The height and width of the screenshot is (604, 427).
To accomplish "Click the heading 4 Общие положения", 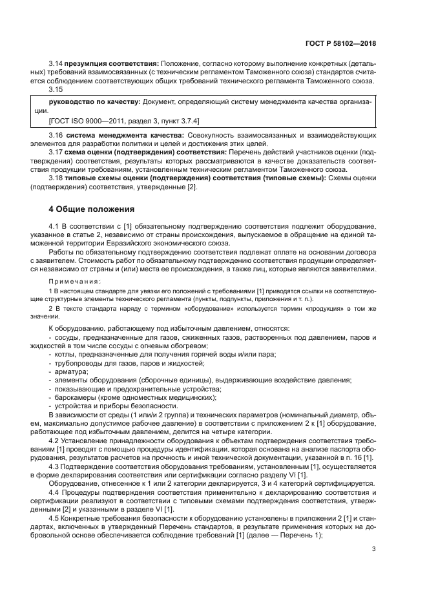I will [92, 209].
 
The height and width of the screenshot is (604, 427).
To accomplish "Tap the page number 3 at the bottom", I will [373, 550].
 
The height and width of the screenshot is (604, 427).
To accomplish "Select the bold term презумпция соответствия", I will [110, 64].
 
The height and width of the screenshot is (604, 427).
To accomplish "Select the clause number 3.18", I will [56, 177].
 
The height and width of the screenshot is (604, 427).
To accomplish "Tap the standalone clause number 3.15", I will [56, 90].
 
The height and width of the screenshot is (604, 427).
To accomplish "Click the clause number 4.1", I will [56, 225].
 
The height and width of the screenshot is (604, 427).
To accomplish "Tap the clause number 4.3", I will [56, 466].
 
